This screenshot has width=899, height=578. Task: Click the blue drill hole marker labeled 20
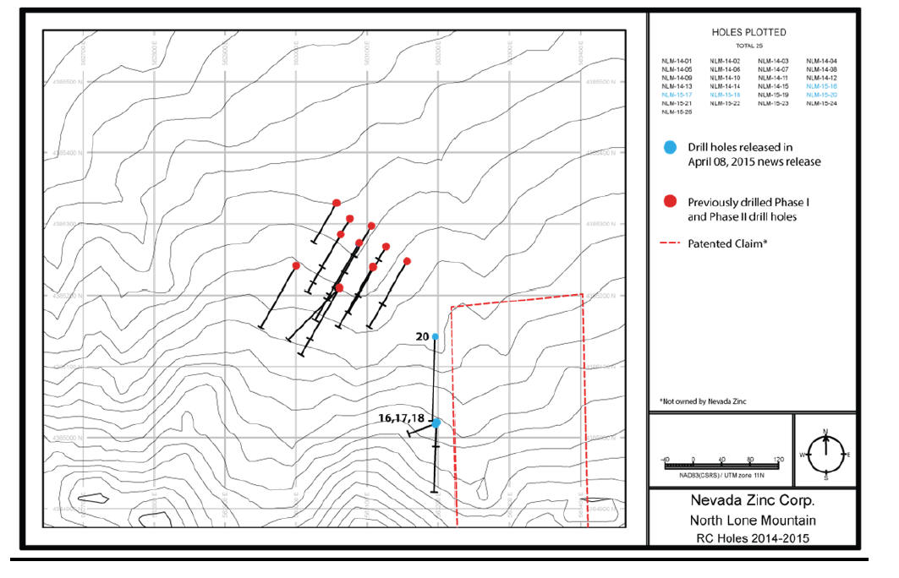(x=436, y=336)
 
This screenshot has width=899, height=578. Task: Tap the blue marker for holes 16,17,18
(x=436, y=423)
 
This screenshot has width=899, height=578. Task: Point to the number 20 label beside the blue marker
(x=422, y=336)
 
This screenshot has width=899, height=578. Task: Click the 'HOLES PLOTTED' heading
(x=748, y=32)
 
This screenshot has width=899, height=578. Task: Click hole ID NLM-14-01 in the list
(x=677, y=61)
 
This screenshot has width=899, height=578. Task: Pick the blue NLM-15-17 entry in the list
(x=677, y=95)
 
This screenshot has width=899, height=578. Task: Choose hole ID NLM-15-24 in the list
(x=821, y=103)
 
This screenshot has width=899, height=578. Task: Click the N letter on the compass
(x=825, y=432)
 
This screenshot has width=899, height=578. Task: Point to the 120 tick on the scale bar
(x=777, y=459)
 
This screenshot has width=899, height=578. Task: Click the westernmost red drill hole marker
(x=296, y=265)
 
